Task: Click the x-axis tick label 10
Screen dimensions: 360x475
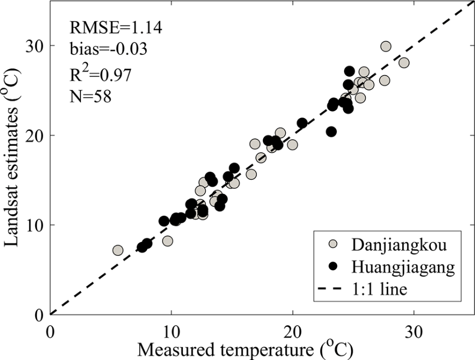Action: [171, 331]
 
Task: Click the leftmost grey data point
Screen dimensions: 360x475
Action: [118, 250]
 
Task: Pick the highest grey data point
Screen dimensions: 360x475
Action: [386, 47]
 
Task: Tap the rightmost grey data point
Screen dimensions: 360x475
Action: [404, 63]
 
